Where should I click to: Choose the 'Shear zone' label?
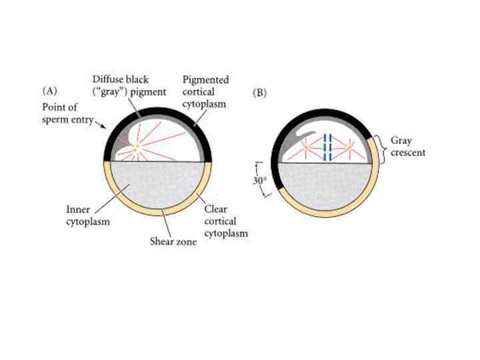coord(173,242)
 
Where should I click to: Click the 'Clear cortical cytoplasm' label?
coord(225,221)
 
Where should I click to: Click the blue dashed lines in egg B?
coord(327,147)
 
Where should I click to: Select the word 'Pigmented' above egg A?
coord(206,80)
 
